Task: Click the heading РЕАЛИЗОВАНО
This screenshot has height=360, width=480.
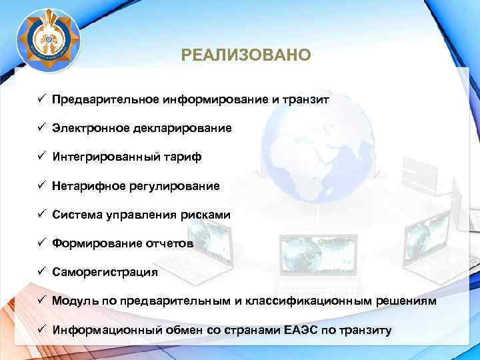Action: click(x=245, y=54)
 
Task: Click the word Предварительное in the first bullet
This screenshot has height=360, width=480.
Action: click(x=105, y=99)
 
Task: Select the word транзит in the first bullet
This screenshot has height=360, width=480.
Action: click(x=306, y=99)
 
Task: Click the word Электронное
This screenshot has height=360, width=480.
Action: click(x=91, y=128)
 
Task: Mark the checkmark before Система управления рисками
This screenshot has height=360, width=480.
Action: click(x=41, y=214)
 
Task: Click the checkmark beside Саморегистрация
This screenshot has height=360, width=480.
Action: click(x=41, y=271)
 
